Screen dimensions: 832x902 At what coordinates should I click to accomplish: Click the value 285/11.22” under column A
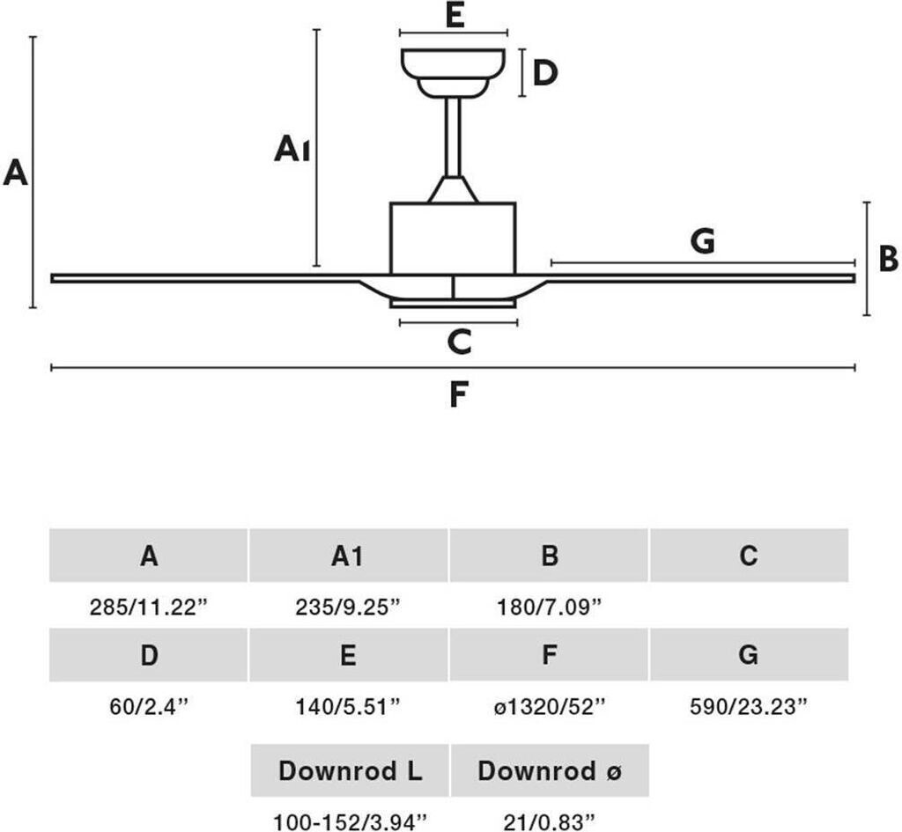point(149,607)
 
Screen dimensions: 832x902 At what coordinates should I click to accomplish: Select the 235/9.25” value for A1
point(348,607)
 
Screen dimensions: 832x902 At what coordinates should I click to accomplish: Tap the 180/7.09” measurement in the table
point(549,607)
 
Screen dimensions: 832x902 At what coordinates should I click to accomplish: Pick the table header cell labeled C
point(749,556)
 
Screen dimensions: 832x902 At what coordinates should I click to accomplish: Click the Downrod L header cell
point(350,771)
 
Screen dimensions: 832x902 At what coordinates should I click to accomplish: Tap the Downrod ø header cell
point(550,771)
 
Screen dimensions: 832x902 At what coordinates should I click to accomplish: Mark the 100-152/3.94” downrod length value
point(350,822)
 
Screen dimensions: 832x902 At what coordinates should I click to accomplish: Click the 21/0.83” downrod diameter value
point(550,822)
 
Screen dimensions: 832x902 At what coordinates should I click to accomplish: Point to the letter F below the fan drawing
point(455,395)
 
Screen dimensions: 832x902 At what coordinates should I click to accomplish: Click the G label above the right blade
point(702,240)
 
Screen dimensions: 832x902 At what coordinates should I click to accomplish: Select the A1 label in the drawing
point(292,151)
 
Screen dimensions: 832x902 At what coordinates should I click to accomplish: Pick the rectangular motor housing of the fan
point(453,238)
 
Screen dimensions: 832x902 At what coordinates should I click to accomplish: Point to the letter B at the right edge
point(888,259)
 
